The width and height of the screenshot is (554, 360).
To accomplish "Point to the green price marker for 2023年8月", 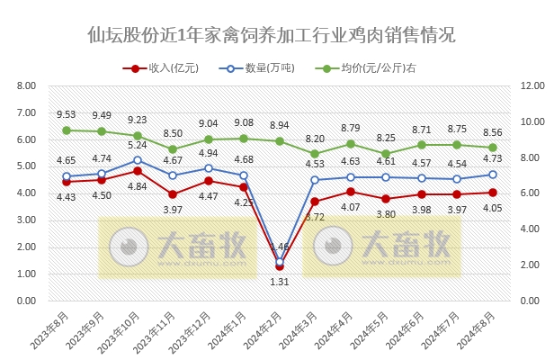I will coord(67,130).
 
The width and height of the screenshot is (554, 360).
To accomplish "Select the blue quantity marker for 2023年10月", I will coord(138,160).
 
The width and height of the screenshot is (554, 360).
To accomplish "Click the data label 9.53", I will coord(66,115).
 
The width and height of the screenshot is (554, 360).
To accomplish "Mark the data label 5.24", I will coord(138,145).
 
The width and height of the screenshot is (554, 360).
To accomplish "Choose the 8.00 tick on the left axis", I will coord(26,86).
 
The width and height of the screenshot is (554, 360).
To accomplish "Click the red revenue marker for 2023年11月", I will coord(173,194).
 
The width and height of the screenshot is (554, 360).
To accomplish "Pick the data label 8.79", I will coord(350,128).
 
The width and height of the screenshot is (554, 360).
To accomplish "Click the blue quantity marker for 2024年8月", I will coord(492,175).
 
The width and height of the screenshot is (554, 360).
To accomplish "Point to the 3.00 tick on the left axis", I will coord(26,220).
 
